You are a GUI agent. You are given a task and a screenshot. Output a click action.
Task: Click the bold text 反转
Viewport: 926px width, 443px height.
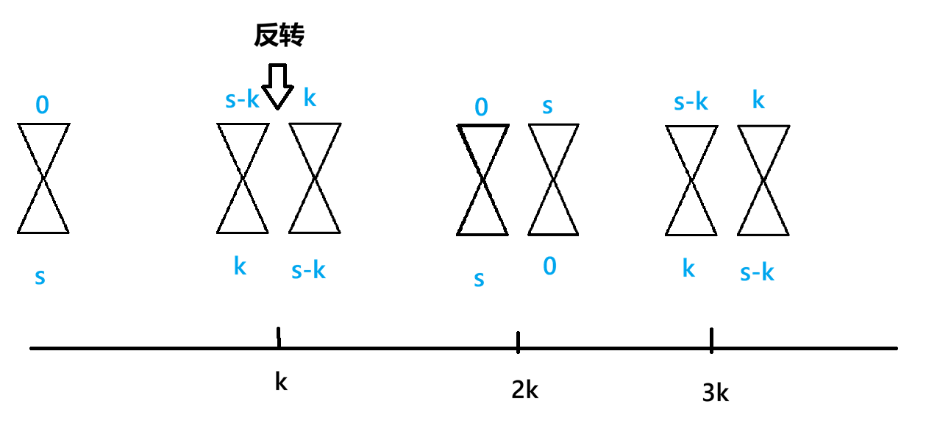point(279,35)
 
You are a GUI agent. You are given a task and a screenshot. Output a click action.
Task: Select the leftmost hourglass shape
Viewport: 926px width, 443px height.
point(43,179)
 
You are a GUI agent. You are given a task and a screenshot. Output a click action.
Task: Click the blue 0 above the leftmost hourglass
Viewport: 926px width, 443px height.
point(43,105)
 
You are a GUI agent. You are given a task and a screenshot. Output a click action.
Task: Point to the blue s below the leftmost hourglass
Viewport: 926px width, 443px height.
point(40,277)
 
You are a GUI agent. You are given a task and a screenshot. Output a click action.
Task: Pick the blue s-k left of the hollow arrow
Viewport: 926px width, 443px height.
point(242,100)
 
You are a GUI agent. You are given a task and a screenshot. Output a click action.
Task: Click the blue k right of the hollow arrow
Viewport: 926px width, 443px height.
point(310,98)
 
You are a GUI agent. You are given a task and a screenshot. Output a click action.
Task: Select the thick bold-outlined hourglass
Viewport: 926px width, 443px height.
point(482,180)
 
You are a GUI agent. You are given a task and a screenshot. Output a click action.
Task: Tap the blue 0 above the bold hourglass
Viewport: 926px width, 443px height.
point(481,107)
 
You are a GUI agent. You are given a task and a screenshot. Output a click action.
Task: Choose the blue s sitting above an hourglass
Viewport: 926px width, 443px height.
point(547,106)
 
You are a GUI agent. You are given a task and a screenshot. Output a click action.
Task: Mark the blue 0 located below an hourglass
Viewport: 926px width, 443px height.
point(549,266)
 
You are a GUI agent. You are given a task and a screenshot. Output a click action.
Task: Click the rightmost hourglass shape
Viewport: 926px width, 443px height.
point(763,181)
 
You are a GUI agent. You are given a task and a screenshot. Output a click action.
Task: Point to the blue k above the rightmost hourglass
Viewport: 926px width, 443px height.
point(758,100)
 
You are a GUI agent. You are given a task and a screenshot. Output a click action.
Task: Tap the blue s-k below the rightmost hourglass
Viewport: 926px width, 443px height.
point(757,272)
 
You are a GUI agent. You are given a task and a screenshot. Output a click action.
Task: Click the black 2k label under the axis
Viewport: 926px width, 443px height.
point(524,390)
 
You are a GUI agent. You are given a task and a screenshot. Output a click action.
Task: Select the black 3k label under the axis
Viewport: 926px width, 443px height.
point(715,393)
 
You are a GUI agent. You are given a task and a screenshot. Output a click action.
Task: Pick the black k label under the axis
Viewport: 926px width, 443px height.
point(281,382)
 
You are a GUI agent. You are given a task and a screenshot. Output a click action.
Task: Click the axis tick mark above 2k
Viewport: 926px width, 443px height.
point(519,342)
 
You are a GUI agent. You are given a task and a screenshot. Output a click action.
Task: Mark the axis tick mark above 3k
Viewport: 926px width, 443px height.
point(711,340)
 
